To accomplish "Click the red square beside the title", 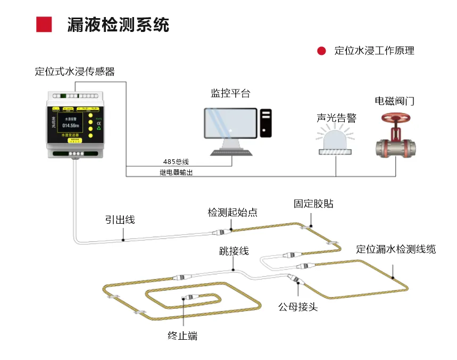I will click(44, 24).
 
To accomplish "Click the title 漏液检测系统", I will click(118, 24).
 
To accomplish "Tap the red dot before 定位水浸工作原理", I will click(321, 51).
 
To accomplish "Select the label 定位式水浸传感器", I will click(74, 71).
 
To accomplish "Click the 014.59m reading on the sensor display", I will click(70, 126).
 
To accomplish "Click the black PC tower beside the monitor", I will click(265, 123).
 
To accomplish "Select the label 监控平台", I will click(230, 94).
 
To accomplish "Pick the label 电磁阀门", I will click(394, 101).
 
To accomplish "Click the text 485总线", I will click(176, 161).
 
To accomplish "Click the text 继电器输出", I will click(176, 173).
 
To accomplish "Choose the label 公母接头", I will click(298, 307).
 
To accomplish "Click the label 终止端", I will click(182, 336).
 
